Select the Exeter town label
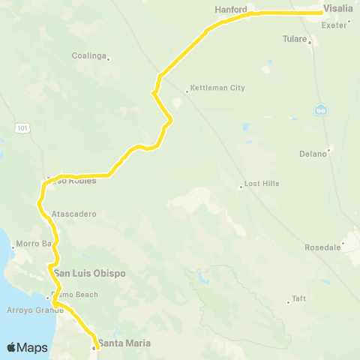point(332,25)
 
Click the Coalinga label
point(88,56)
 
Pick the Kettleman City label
point(218,88)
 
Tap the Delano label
point(313,154)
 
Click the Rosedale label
point(323,247)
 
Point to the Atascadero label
point(75,214)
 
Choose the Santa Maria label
point(124,343)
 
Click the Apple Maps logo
point(27,347)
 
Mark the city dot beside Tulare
point(310,41)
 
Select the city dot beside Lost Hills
point(240,187)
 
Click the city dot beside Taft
point(289,302)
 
